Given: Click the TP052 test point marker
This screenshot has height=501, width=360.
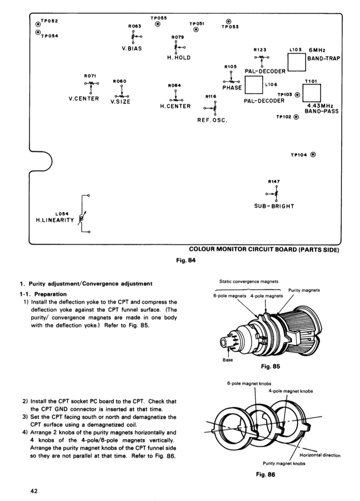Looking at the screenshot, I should click(38, 24).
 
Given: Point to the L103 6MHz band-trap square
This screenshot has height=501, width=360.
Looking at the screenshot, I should click(296, 62).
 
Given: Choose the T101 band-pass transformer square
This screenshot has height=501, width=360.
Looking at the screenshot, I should click(312, 94).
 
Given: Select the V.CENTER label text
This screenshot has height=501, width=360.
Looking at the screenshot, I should click(84, 99).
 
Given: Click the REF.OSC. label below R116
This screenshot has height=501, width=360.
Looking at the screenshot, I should click(212, 120).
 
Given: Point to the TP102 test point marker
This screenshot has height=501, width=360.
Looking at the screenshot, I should click(296, 117).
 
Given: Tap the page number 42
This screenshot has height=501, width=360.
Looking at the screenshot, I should click(34, 491).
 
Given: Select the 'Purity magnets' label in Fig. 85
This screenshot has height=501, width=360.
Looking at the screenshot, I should click(304, 290).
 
